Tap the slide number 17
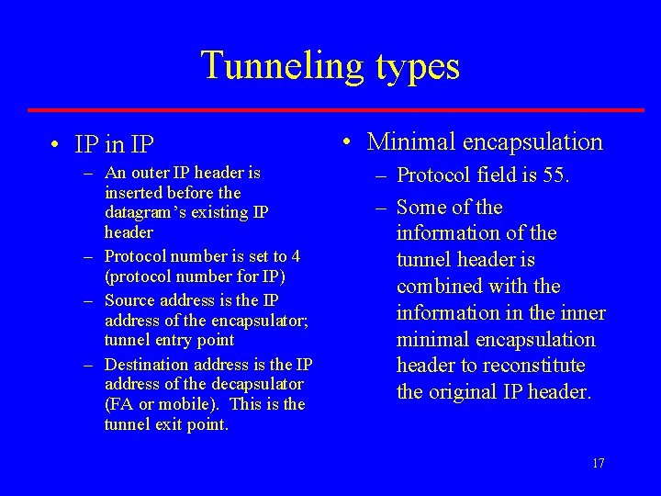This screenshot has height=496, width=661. tap(598, 463)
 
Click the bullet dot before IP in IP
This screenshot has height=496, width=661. tap(57, 145)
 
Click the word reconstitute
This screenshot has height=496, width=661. tap(543, 366)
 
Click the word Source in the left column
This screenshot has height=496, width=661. tap(129, 300)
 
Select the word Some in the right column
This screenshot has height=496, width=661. tap(421, 208)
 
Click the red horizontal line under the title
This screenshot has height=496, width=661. tap(336, 110)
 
